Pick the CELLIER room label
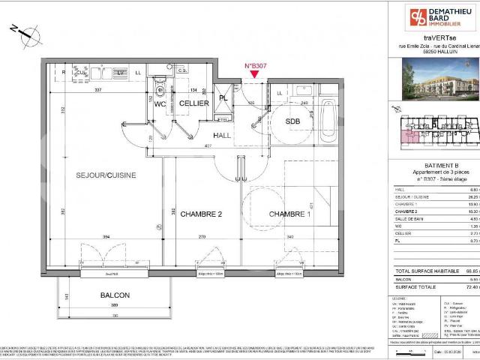193,103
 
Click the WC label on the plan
160,104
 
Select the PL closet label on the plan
223,98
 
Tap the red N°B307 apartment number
256,66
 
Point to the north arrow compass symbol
25,32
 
